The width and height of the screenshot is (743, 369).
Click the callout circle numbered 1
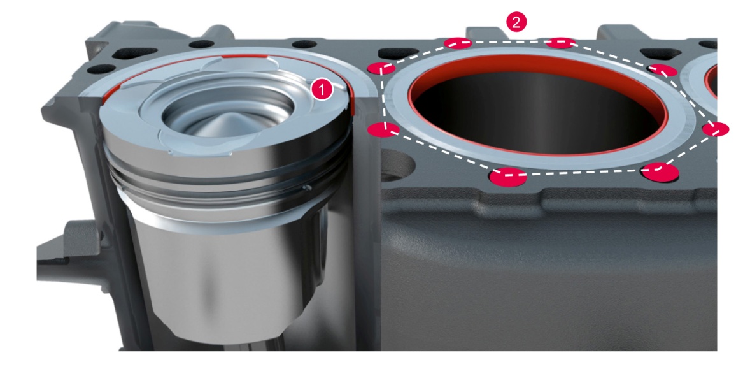tap(322, 90)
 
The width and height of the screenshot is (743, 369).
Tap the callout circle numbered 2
tap(516, 22)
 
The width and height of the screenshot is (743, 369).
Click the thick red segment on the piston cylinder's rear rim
tap(246, 57)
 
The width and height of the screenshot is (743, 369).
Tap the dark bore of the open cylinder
tap(538, 114)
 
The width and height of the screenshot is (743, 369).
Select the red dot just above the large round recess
tap(385, 129)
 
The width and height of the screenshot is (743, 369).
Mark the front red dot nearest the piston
tap(507, 177)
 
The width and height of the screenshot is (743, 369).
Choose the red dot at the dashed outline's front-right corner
tap(660, 171)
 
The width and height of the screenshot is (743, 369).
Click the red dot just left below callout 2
tap(458, 43)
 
